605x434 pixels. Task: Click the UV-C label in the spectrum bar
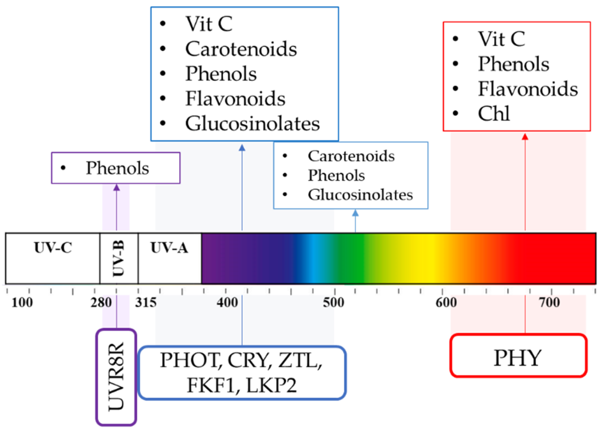(53, 248)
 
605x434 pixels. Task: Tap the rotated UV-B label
(118, 258)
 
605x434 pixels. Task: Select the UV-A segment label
(169, 248)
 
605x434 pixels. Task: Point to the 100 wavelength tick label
(22, 303)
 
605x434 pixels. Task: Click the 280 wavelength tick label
(101, 303)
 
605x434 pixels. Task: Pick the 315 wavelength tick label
(146, 303)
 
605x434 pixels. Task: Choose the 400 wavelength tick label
(227, 303)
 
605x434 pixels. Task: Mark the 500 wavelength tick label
(333, 303)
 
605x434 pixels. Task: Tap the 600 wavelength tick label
(446, 303)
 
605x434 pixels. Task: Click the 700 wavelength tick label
(549, 303)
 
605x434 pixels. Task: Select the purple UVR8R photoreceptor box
(116, 377)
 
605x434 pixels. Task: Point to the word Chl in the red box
(494, 114)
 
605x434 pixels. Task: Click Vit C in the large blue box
(209, 24)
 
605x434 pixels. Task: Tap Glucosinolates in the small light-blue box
(360, 195)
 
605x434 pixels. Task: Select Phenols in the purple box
(117, 168)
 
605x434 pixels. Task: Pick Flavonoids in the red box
(528, 89)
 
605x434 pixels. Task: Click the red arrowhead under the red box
(525, 137)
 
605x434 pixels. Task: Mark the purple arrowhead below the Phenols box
(117, 187)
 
